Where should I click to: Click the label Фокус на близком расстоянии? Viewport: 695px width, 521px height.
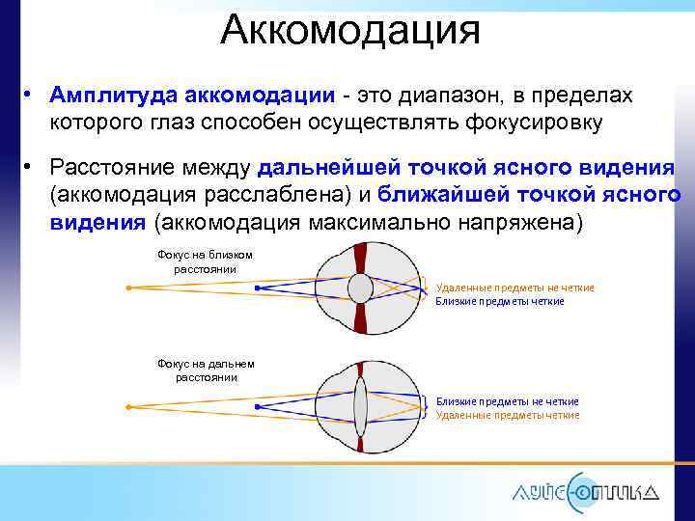[x=204, y=260]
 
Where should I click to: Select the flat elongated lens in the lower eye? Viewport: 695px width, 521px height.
[x=359, y=406]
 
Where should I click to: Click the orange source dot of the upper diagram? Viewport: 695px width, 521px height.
[x=128, y=287]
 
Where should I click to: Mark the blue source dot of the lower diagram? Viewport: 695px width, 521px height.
[x=256, y=406]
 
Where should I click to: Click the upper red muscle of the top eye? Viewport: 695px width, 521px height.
[x=360, y=257]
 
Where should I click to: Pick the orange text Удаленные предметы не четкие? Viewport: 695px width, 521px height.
[x=514, y=288]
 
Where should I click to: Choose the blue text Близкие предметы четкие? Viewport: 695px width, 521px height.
[x=499, y=301]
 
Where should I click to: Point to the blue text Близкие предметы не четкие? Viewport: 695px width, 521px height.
[x=507, y=400]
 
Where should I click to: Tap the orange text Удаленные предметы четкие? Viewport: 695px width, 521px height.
[x=507, y=415]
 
